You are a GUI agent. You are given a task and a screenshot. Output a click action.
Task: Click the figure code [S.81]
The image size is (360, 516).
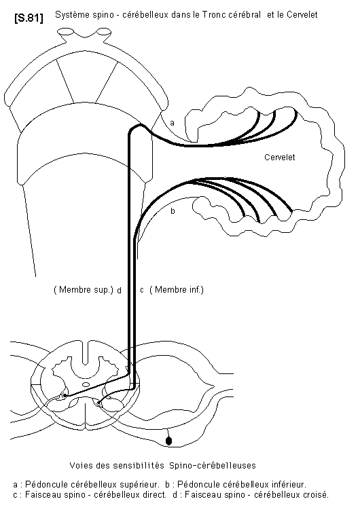pos(29,18)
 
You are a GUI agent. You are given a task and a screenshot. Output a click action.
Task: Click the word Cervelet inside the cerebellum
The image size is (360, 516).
pos(280,158)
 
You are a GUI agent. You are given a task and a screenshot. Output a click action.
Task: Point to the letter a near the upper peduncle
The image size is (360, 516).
pos(172,124)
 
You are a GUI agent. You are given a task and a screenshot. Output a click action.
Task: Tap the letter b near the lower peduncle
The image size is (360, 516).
pos(173,211)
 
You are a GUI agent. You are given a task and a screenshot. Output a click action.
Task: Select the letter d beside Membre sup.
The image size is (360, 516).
pos(120,290)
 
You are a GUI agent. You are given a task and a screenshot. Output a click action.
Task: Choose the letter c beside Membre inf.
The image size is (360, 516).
pos(142,291)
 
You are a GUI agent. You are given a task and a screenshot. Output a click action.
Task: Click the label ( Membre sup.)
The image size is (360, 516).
pos(84,290)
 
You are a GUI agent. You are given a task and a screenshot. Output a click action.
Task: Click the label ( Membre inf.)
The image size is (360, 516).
pos(177,290)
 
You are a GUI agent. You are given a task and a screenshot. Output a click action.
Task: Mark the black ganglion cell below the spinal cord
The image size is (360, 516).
pos(168,441)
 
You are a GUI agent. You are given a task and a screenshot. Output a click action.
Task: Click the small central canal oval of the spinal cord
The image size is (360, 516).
pos(86,384)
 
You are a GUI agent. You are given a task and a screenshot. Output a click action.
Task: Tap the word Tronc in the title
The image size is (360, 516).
pos(214,15)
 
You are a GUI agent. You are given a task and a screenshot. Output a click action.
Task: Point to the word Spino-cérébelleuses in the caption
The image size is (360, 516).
pos(213,465)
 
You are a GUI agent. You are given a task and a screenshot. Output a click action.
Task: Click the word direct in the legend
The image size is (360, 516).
pos(156,494)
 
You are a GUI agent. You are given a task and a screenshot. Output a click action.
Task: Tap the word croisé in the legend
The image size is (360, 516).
pos(317,494)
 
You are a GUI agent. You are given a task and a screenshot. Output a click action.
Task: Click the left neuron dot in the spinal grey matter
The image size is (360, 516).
pos(65,395)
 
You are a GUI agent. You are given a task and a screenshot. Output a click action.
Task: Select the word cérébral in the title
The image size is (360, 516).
pos(245,15)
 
